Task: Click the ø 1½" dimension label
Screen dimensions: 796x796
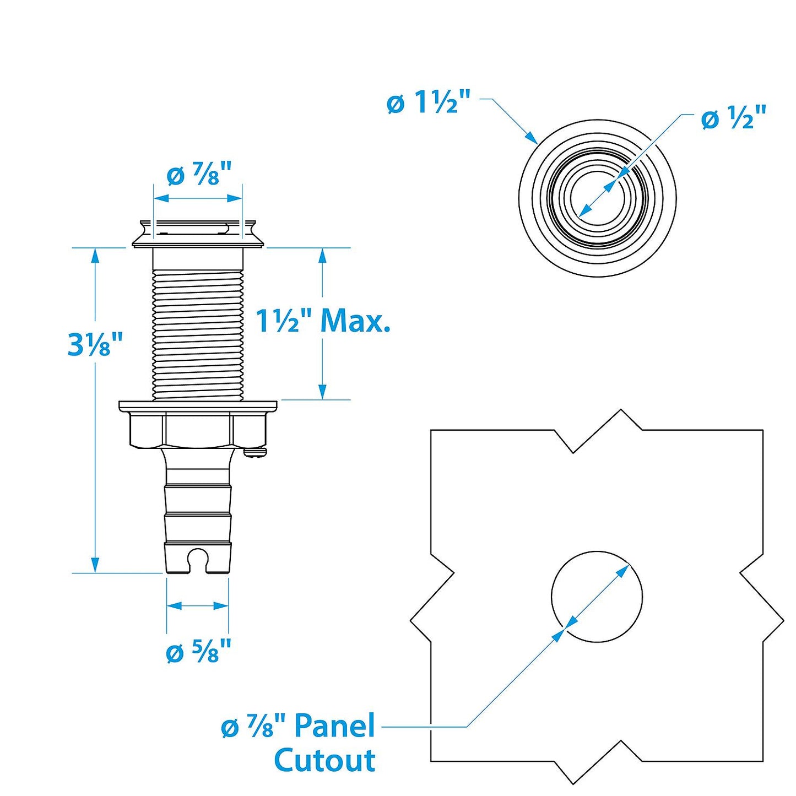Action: pos(429,102)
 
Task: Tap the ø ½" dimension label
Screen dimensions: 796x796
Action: pos(733,118)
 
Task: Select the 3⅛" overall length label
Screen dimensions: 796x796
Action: pos(95,344)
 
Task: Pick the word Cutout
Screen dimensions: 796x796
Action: pos(324,760)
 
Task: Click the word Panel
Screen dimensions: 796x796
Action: pos(334,725)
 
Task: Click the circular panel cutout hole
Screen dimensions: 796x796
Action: pos(597,596)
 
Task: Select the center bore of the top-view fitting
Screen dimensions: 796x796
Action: pos(597,198)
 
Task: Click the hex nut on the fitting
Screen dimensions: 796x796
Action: pos(197,430)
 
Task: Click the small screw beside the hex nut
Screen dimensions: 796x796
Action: pos(256,452)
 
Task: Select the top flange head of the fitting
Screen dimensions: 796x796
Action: pos(198,234)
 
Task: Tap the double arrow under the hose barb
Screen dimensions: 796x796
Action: pos(197,606)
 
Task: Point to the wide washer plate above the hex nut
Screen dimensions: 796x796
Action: pos(198,407)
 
